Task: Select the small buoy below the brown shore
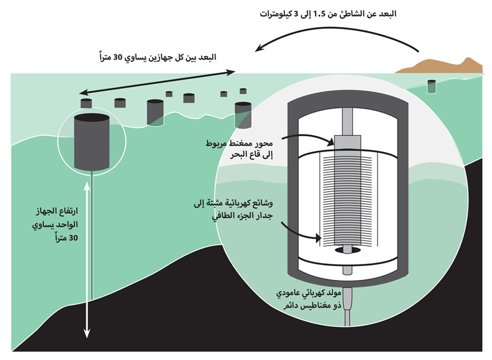coord(432,86)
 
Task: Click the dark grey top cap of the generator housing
coord(348,98)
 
